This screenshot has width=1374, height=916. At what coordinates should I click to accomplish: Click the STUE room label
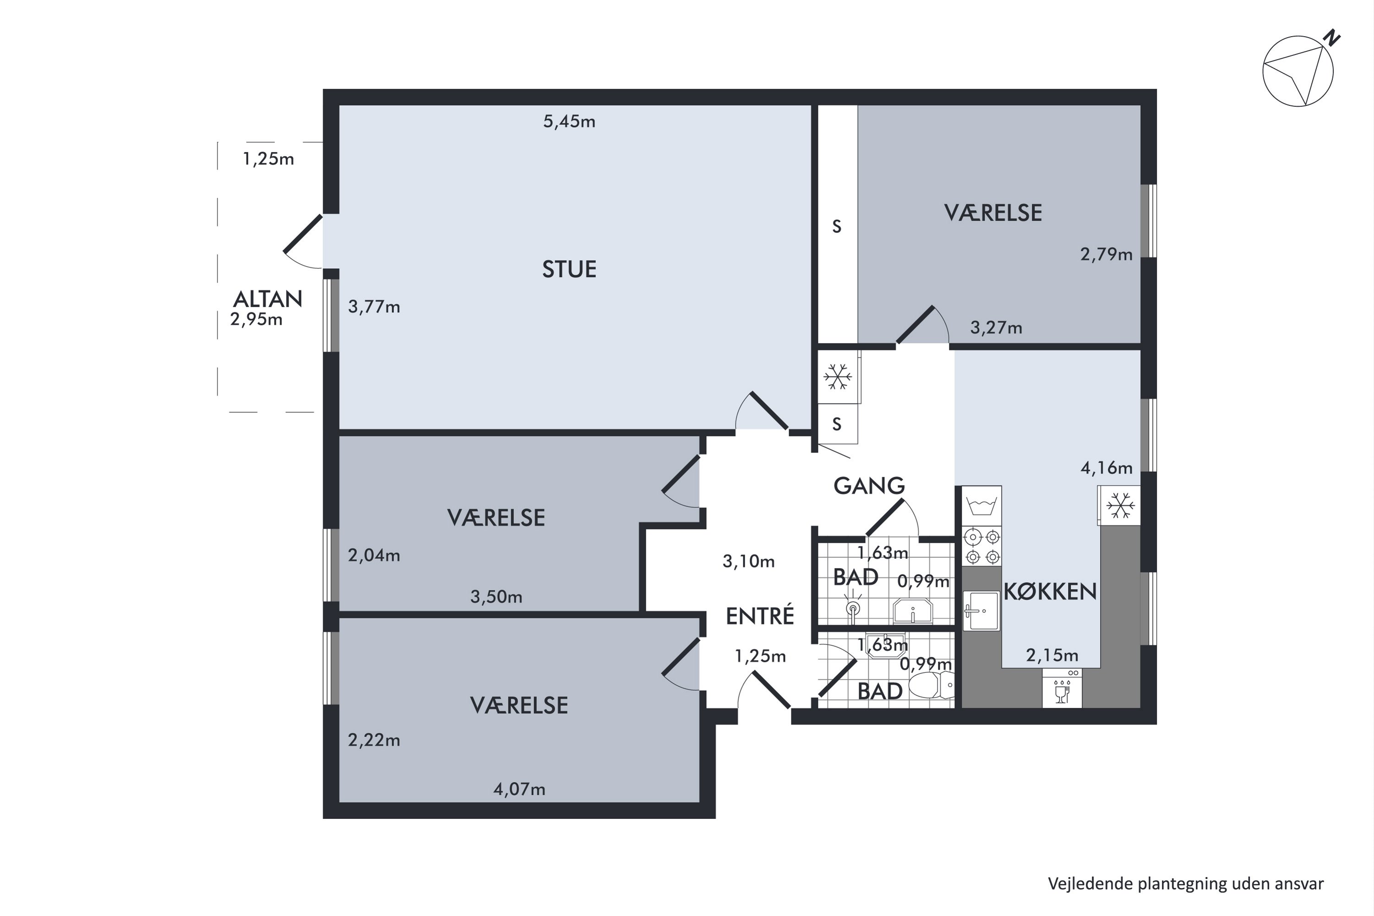pyautogui.click(x=569, y=269)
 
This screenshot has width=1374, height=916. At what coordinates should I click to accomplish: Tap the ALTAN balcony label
pyautogui.click(x=267, y=299)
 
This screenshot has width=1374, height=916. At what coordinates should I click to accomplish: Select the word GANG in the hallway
pyautogui.click(x=869, y=485)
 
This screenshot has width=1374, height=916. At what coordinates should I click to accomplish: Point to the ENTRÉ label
pyautogui.click(x=759, y=615)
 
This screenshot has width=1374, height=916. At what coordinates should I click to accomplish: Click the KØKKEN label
pyautogui.click(x=1050, y=592)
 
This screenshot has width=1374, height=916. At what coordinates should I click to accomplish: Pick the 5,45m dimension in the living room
pyautogui.click(x=569, y=121)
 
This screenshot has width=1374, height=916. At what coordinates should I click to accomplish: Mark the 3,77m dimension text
pyautogui.click(x=374, y=307)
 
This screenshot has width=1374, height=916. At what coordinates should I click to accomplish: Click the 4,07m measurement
pyautogui.click(x=519, y=789)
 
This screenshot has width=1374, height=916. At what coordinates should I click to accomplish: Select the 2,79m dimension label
pyautogui.click(x=1106, y=254)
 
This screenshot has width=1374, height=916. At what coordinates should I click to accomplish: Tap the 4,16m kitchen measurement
pyautogui.click(x=1106, y=468)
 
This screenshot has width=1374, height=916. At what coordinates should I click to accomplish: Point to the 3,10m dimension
pyautogui.click(x=748, y=562)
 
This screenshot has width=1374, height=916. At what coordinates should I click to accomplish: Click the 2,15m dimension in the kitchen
pyautogui.click(x=1052, y=655)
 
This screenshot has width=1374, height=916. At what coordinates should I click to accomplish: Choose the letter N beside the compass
pyautogui.click(x=1332, y=38)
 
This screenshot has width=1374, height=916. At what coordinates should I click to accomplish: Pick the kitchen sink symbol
pyautogui.click(x=981, y=611)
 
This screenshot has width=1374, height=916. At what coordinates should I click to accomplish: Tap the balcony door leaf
pyautogui.click(x=303, y=234)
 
